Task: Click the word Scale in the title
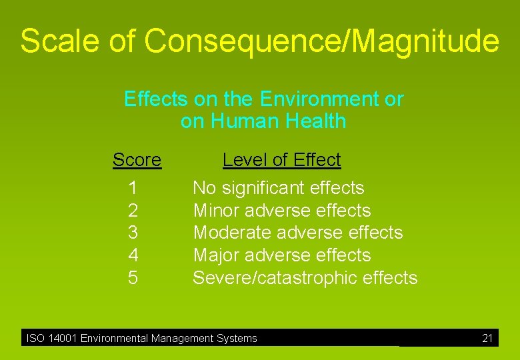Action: [60, 41]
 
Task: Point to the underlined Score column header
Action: [137, 160]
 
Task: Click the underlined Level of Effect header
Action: [281, 160]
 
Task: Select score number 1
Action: [133, 189]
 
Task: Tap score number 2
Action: [133, 211]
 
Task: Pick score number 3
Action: [133, 233]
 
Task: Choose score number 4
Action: [133, 255]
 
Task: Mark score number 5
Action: [133, 278]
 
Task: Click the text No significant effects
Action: [278, 189]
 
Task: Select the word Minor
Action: [217, 211]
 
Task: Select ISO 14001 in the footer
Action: [52, 339]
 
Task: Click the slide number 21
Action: [487, 339]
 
